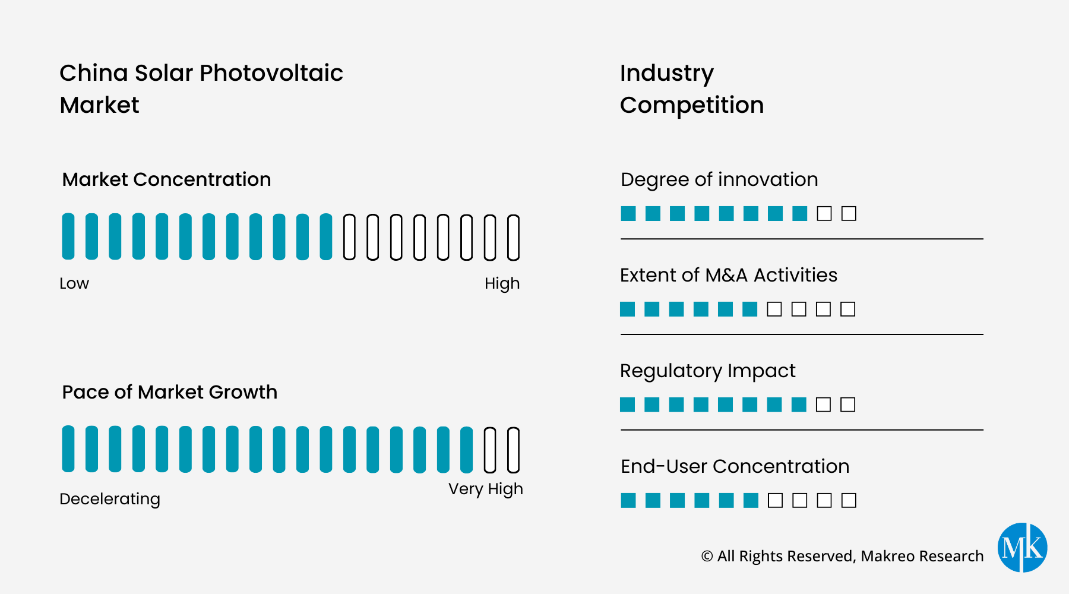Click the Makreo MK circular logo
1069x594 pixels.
(1022, 548)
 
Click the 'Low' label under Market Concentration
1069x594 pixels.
(74, 283)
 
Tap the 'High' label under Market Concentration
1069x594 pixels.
(502, 283)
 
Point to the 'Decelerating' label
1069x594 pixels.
(110, 499)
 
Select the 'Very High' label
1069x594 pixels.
(485, 489)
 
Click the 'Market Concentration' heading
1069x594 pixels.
(166, 179)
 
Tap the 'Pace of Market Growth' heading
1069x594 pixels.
(169, 392)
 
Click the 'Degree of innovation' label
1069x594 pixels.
(719, 179)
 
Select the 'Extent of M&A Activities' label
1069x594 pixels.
(728, 275)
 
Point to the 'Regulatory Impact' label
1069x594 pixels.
(707, 371)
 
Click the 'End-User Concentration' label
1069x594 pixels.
(735, 466)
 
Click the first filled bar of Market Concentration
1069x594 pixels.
(68, 236)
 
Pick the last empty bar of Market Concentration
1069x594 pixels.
(514, 238)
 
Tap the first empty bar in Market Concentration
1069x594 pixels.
(349, 238)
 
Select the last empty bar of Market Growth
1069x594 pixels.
(514, 450)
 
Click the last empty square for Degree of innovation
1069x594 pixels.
(849, 213)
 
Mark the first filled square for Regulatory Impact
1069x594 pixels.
(628, 405)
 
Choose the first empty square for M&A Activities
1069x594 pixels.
(774, 309)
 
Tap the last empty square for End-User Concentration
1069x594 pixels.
(849, 500)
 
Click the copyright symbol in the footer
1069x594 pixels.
(707, 556)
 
